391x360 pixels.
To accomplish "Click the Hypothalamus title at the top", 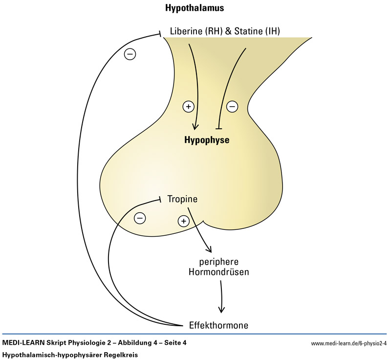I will (x=195, y=9).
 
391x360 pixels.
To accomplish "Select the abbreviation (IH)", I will (x=272, y=32).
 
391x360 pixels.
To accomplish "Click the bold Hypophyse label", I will (x=206, y=140).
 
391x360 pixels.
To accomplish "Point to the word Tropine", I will (x=182, y=199).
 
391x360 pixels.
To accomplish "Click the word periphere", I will (x=218, y=261).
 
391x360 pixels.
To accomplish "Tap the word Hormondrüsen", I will (x=218, y=271).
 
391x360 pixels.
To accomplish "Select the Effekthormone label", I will (x=218, y=325).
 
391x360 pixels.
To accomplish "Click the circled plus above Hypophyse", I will (x=188, y=106).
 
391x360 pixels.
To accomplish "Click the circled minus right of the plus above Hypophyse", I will (x=232, y=106).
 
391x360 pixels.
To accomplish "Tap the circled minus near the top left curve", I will (x=130, y=54).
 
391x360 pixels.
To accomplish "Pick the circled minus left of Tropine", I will (x=140, y=217).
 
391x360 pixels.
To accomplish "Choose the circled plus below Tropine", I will (x=183, y=221).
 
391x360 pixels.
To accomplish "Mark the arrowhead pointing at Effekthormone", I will (x=222, y=309).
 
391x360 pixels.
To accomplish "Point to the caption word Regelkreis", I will (x=121, y=354).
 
